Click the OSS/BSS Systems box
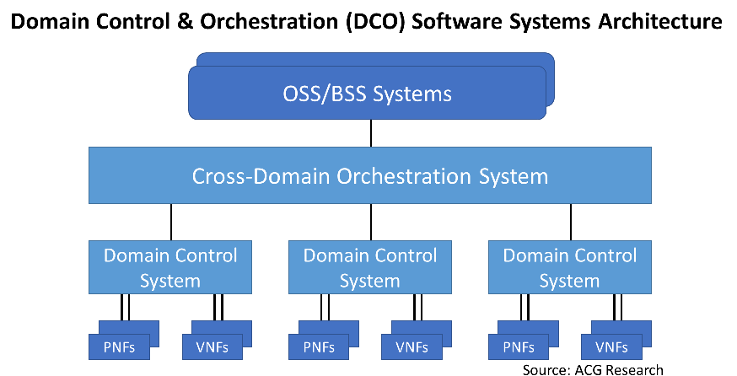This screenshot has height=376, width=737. (x=367, y=93)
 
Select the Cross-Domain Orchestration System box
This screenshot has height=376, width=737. (x=370, y=175)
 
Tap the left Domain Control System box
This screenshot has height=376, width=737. (x=170, y=267)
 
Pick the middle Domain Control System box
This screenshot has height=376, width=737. (x=370, y=267)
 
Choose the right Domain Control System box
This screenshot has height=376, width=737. (x=570, y=267)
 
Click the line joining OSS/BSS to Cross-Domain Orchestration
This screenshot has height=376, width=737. (x=371, y=133)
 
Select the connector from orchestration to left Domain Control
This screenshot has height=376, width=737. (x=171, y=222)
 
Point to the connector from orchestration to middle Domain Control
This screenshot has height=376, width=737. (x=371, y=222)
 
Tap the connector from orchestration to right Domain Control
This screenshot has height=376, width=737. (x=571, y=222)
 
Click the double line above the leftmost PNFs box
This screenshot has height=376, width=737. (x=125, y=308)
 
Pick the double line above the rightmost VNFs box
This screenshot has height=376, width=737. (x=618, y=308)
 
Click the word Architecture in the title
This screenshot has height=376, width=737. (x=660, y=21)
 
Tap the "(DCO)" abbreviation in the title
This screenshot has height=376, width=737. (x=374, y=22)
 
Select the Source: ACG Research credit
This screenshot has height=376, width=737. (x=593, y=370)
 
